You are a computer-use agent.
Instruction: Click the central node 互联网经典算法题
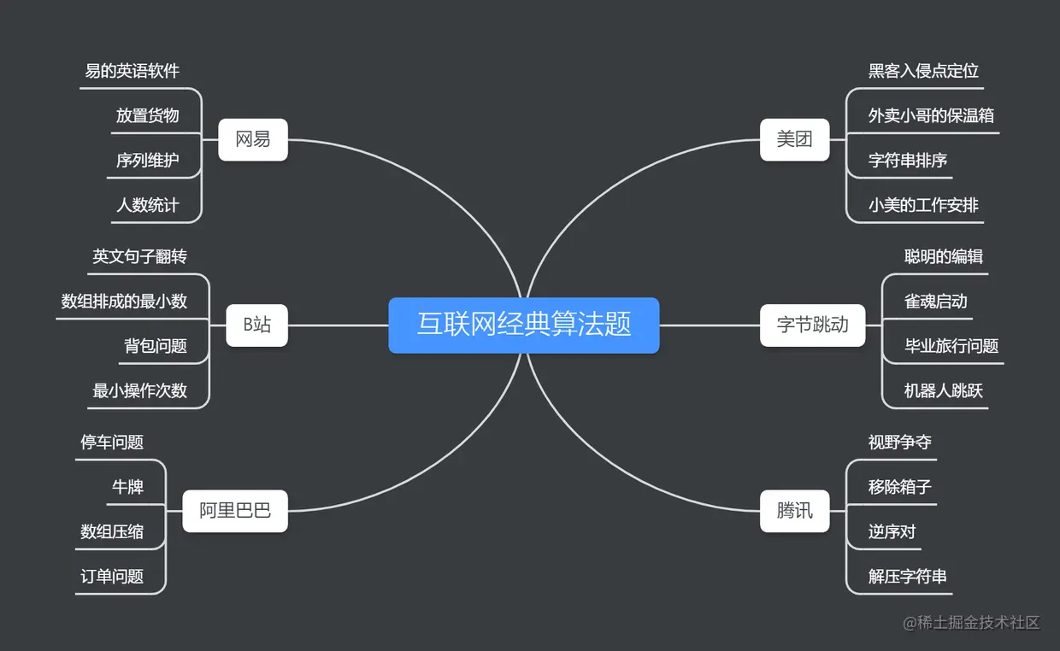click(x=523, y=325)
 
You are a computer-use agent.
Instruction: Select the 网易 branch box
click(x=252, y=139)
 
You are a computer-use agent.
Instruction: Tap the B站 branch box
click(x=256, y=325)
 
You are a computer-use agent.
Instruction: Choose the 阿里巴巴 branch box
click(x=235, y=511)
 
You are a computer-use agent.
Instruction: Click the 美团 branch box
click(x=794, y=139)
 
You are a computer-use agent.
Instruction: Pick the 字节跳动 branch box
click(x=812, y=325)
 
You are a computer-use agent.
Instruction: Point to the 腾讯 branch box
click(x=794, y=511)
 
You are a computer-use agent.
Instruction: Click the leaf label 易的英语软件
click(x=132, y=71)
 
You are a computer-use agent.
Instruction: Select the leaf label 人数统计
click(x=148, y=205)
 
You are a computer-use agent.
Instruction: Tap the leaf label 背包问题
click(x=156, y=346)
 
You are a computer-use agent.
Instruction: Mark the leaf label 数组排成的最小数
click(x=124, y=301)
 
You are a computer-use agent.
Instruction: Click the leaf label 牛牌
click(x=128, y=487)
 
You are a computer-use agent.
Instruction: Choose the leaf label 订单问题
click(x=112, y=577)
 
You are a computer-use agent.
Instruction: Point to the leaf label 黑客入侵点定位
click(x=923, y=71)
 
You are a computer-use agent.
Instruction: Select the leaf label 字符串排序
click(x=908, y=161)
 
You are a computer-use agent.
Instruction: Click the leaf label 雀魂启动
click(x=936, y=301)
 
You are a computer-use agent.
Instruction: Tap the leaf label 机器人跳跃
click(x=944, y=391)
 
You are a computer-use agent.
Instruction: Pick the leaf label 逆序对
click(x=892, y=532)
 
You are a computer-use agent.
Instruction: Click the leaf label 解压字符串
click(x=908, y=577)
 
